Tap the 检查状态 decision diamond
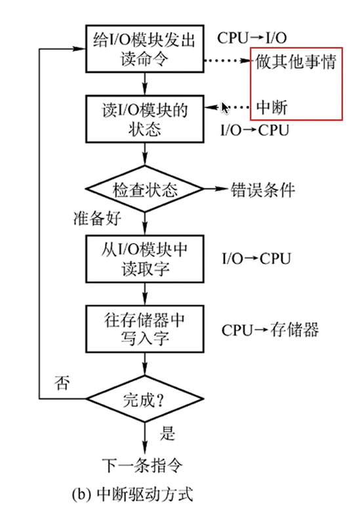[145, 191]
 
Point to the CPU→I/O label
[251, 37]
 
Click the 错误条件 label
[262, 191]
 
